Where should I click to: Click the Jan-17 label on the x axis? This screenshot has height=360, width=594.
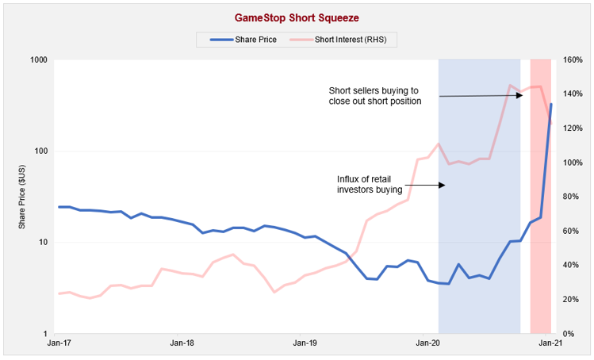coord(59,343)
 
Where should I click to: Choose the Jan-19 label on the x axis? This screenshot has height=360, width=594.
coord(305,343)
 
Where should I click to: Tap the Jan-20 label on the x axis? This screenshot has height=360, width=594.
coord(428,343)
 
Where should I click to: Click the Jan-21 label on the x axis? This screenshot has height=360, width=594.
coord(551,343)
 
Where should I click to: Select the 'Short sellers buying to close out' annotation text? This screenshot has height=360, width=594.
coord(375,95)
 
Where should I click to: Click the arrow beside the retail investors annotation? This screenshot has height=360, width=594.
coord(428,185)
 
